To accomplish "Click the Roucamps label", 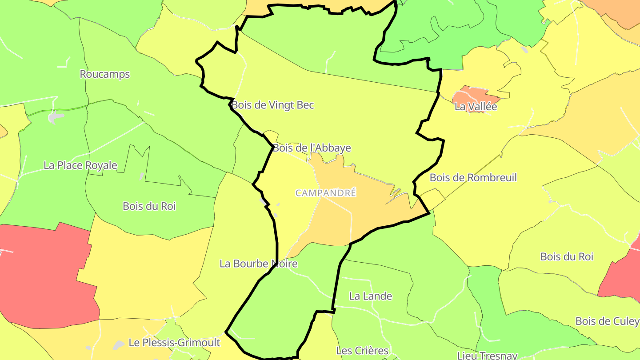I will click(105, 74).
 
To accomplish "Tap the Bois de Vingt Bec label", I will click(273, 105).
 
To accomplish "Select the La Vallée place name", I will click(476, 107).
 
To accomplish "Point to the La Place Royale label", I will click(80, 165).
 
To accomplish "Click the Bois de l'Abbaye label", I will click(312, 148).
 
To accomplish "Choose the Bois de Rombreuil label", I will click(473, 178).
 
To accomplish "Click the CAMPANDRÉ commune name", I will click(326, 193).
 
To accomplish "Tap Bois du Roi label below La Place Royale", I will click(149, 206).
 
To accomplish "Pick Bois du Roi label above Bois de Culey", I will click(567, 257).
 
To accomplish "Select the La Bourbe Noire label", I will click(259, 264).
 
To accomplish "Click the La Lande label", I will click(371, 296).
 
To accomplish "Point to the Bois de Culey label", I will click(607, 321).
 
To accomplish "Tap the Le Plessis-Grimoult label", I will click(174, 343).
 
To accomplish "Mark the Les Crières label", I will click(362, 351).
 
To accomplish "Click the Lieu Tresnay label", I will click(488, 355).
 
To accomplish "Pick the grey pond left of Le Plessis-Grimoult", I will click(118, 344).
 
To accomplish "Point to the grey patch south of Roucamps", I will click(56, 117).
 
